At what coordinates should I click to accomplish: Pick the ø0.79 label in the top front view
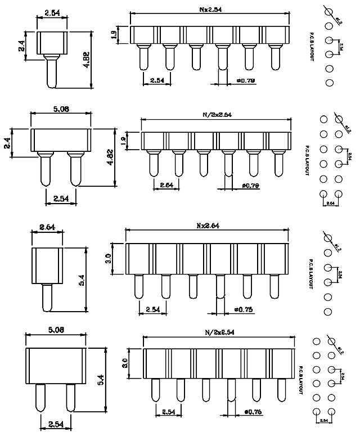pyautogui.click(x=246, y=81)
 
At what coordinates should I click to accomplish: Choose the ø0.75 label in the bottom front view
pyautogui.click(x=255, y=412)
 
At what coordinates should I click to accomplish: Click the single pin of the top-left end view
pyautogui.click(x=51, y=71)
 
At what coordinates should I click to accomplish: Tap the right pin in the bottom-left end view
pyautogui.click(x=70, y=397)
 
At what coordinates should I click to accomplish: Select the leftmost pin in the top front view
pyautogui.click(x=142, y=58)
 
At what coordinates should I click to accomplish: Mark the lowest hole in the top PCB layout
pyautogui.click(x=330, y=83)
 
